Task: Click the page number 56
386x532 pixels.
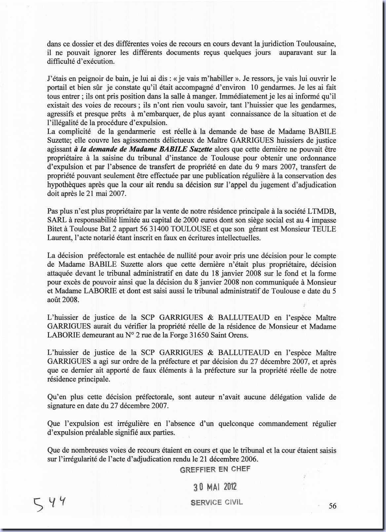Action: click(x=332, y=506)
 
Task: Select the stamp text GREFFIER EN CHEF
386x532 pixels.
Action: click(x=215, y=469)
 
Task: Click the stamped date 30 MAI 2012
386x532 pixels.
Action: click(x=215, y=487)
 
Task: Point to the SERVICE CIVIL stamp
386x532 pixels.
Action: click(x=216, y=502)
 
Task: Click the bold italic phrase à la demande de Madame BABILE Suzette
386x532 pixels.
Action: click(x=143, y=149)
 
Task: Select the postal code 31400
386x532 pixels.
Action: click(x=150, y=229)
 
